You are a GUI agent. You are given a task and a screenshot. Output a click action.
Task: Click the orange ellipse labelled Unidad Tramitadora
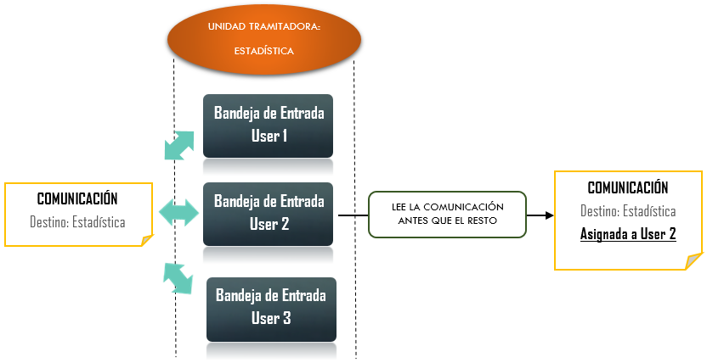(263, 37)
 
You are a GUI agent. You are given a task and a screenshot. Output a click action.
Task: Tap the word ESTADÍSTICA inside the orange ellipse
(263, 51)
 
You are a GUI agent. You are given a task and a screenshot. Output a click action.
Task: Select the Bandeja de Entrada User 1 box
(269, 124)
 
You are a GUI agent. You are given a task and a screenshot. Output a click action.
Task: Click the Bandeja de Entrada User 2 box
(269, 214)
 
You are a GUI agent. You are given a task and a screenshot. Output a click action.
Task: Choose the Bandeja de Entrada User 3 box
(271, 307)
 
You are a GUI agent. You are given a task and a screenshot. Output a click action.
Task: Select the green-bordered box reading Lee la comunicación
(448, 214)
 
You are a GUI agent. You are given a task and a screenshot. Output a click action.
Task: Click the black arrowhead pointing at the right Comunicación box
(547, 215)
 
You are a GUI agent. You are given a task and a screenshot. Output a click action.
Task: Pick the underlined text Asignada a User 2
(628, 233)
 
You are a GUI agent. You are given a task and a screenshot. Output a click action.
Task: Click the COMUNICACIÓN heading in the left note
(77, 199)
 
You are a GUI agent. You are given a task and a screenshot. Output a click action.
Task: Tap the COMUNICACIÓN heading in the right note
(628, 188)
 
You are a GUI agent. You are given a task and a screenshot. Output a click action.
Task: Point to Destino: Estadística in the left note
(77, 222)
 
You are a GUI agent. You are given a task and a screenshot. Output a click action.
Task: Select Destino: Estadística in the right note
(628, 211)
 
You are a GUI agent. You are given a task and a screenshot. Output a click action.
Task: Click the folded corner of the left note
(145, 240)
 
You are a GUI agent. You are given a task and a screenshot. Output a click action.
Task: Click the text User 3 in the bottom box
(271, 318)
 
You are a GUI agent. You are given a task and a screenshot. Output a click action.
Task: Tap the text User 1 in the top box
(269, 135)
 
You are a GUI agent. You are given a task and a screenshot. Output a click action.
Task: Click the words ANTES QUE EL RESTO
(448, 222)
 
